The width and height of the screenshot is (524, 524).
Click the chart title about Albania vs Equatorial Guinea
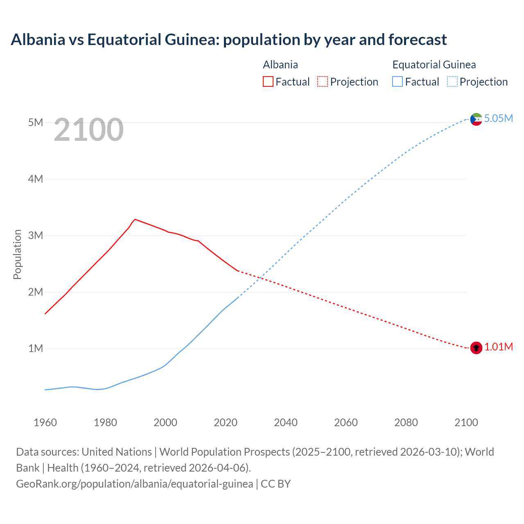228,40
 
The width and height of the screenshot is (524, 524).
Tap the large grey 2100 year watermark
88,130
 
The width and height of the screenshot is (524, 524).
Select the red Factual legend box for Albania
268,82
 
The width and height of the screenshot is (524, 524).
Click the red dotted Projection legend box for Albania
323,82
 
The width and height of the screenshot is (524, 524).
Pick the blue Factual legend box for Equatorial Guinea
397,82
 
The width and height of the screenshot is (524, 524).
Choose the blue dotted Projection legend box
452,82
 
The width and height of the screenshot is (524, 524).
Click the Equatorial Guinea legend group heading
434,65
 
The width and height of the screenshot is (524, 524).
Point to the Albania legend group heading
280,65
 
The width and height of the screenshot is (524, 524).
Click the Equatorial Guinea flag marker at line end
476,119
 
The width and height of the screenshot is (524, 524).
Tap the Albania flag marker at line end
476,348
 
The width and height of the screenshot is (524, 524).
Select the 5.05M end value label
498,118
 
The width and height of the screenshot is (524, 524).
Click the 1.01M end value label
498,347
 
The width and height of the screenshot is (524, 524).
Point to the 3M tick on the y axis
36,235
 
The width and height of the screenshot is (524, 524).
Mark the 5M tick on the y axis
36,122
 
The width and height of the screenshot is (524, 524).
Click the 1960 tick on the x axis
45,422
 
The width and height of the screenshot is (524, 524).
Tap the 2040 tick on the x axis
286,422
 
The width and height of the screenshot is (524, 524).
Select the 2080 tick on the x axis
406,422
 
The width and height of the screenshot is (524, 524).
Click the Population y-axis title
17,254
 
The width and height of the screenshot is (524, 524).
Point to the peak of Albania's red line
135,219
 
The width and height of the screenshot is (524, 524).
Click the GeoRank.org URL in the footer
134,483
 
